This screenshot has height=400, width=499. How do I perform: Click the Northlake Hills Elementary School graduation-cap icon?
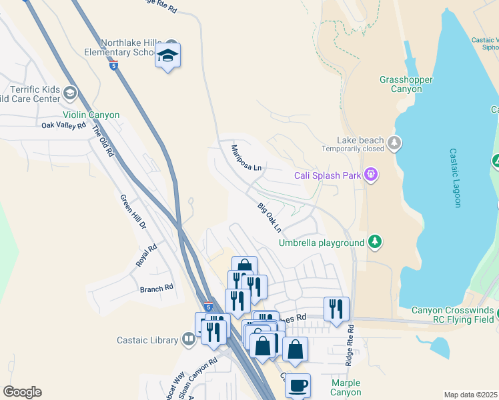click(168, 57)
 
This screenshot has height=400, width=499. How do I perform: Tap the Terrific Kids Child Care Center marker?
click(70, 91)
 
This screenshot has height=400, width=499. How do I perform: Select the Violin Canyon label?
click(92, 115)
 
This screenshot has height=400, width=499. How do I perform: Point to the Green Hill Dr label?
click(133, 212)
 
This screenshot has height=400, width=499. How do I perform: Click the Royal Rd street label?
click(147, 255)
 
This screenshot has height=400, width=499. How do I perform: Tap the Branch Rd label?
click(156, 288)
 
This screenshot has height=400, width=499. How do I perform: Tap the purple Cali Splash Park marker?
click(371, 176)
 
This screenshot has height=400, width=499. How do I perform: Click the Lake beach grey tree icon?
click(394, 142)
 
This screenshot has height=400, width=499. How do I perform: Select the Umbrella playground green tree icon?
click(376, 242)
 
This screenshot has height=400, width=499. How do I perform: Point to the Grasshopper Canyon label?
click(406, 84)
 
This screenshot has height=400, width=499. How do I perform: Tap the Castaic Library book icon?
click(189, 340)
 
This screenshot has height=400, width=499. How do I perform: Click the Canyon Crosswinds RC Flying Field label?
click(453, 315)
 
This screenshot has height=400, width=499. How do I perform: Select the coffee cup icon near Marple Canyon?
click(298, 385)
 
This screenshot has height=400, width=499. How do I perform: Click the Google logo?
click(22, 392)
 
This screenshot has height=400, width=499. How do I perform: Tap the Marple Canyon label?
click(346, 387)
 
